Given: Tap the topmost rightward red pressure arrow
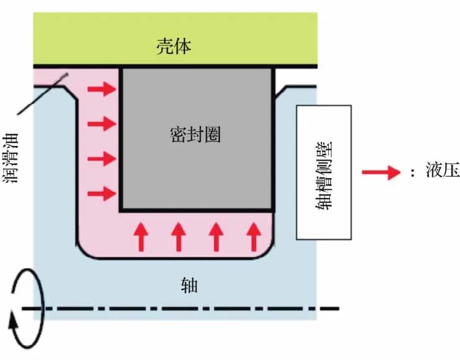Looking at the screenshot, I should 102,90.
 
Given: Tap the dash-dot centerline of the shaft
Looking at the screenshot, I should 186,307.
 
